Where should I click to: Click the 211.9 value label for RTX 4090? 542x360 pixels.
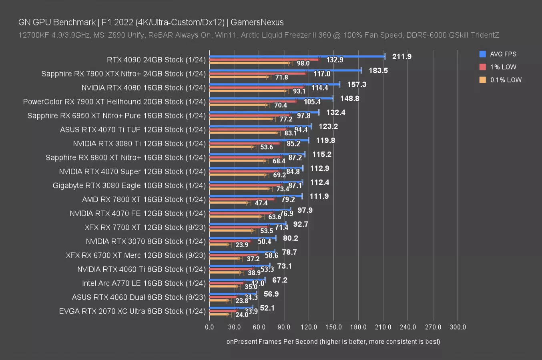coord(401,56)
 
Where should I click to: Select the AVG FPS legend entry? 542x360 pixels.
coord(503,54)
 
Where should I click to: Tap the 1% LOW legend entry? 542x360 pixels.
coord(503,67)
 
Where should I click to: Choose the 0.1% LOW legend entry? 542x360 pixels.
coord(506,80)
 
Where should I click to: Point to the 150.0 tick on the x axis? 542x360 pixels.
coord(333,327)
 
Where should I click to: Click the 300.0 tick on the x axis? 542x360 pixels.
coord(458,327)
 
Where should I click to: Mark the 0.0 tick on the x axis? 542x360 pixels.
coord(209,327)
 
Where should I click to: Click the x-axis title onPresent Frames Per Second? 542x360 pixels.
coord(333,341)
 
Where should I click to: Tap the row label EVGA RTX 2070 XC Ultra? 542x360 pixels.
coord(132,311)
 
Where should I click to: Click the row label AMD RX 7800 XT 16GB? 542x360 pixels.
coord(144,199)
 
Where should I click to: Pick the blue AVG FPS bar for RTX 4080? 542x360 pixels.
coord(275,84)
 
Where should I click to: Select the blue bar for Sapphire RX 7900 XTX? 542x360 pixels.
coord(285,70)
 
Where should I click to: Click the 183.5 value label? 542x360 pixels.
coord(378,70)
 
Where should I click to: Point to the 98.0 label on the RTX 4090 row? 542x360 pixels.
coord(303,63)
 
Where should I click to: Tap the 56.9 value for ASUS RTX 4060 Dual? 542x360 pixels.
coord(271,294)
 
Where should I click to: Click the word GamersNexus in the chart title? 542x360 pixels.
coord(257,22)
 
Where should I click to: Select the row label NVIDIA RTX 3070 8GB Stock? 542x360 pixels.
coord(146,241)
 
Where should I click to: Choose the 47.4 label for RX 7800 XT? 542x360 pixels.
coord(261,203)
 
